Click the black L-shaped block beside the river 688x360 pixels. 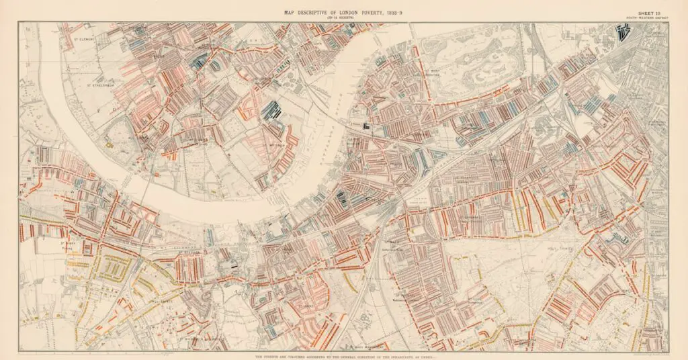(x=366, y=125)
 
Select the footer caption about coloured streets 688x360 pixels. (x=344, y=355)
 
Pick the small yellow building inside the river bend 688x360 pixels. (x=107, y=142)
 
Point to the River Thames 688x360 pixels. (x=202, y=195)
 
